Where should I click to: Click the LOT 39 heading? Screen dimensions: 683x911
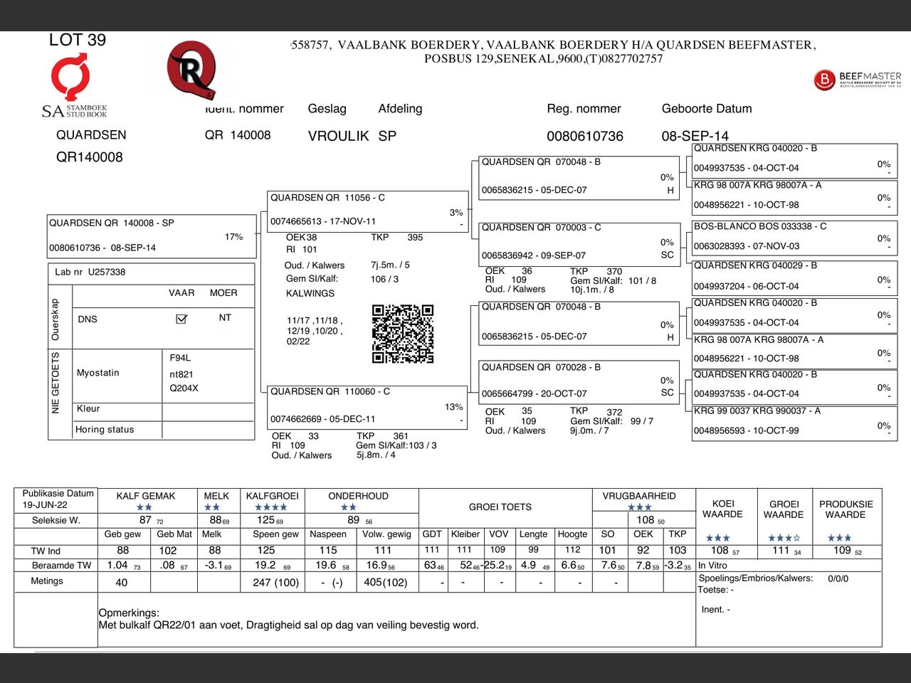coord(77,40)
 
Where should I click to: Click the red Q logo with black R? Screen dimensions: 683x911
coord(191,70)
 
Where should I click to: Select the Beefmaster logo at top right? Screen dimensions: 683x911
coord(858,79)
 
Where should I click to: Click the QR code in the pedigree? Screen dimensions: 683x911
coord(402,334)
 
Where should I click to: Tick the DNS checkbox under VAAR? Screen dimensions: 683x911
coord(181,319)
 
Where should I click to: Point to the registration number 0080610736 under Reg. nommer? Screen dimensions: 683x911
coord(584,136)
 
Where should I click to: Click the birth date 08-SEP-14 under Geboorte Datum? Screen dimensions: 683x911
coord(695,136)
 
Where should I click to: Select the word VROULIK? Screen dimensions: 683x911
coord(338,136)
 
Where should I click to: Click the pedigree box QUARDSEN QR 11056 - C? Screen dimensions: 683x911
coord(367,210)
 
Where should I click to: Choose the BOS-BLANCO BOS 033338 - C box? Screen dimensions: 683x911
coord(794,236)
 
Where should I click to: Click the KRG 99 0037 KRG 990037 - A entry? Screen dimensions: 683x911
coord(794,421)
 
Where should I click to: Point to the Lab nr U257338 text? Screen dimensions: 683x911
coord(90,272)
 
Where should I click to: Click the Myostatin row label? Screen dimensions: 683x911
coord(98,373)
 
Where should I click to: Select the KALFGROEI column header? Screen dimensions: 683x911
coord(273,496)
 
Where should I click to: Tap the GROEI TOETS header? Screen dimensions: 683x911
coord(500,507)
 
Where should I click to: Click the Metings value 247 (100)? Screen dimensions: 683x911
coord(275,583)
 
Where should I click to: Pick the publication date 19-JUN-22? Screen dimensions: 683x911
coord(44,504)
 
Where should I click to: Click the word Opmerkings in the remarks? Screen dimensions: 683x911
coord(129,613)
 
